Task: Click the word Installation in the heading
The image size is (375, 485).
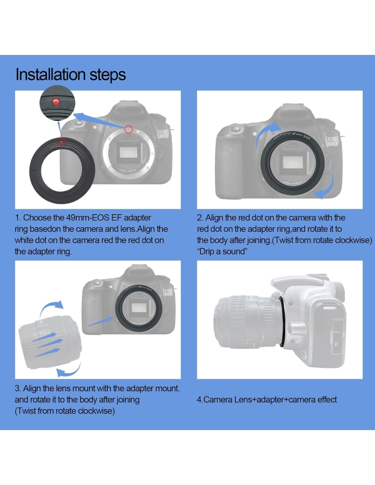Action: (x=51, y=74)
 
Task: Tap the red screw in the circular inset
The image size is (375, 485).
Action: (x=55, y=102)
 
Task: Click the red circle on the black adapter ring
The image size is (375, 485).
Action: (x=61, y=141)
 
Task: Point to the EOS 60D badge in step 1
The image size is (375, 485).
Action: (x=163, y=134)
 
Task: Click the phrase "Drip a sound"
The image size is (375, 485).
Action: (x=222, y=252)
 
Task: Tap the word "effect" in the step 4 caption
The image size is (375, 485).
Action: (x=327, y=399)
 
